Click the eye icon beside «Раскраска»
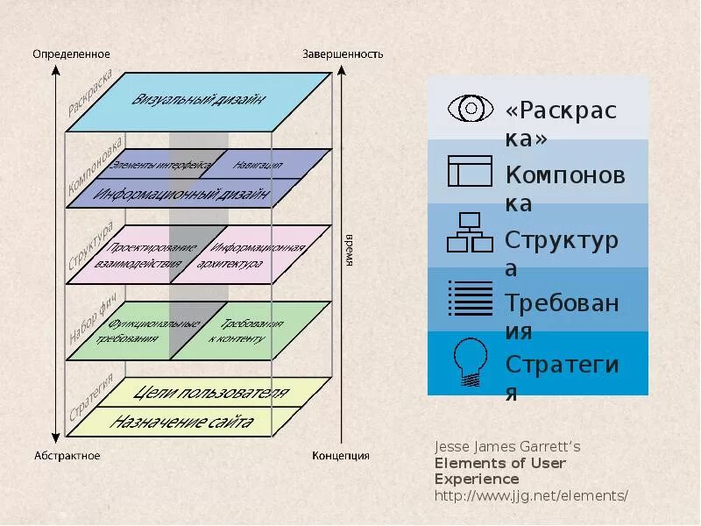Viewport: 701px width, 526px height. click(471, 109)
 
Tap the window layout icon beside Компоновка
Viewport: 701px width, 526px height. click(470, 170)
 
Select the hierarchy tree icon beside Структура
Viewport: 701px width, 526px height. click(471, 232)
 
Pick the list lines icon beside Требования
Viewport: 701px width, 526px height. click(471, 298)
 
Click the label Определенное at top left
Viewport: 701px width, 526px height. click(72, 54)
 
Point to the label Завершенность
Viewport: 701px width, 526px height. click(343, 54)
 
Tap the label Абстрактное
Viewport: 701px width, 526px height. click(67, 456)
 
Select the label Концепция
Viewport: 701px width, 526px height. click(341, 456)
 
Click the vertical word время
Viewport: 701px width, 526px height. click(348, 251)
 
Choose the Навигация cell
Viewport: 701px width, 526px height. click(258, 163)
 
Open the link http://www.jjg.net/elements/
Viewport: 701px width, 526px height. click(531, 495)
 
